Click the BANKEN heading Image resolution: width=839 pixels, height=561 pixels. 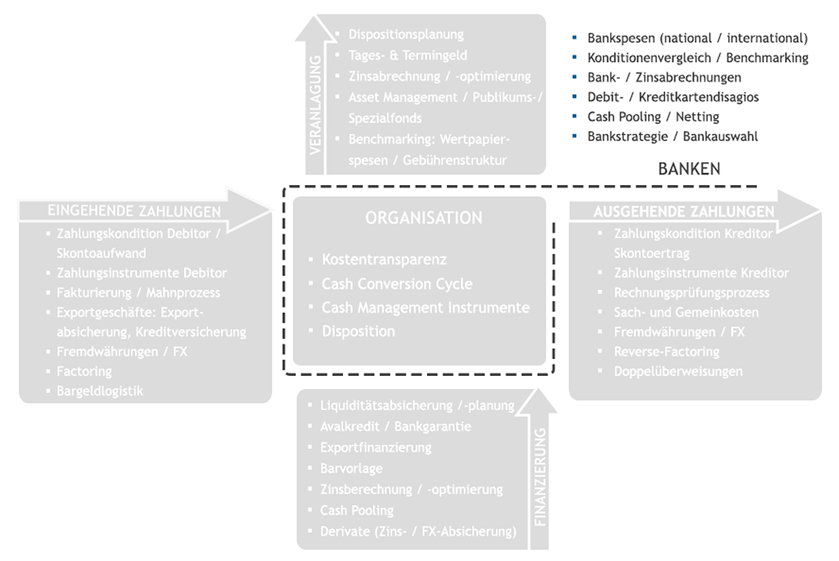(689, 169)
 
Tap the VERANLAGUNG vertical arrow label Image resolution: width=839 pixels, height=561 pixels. (315, 105)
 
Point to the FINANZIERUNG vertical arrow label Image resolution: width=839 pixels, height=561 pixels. (541, 477)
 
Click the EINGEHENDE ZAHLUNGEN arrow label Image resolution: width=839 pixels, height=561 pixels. (134, 211)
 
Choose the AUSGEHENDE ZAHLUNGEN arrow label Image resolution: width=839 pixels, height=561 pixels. (684, 211)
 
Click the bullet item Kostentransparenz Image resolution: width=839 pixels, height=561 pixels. (384, 259)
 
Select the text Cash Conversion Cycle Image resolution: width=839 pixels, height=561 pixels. (397, 283)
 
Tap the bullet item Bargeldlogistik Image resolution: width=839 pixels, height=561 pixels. (100, 391)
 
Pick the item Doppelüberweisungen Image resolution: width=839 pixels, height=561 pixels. (678, 371)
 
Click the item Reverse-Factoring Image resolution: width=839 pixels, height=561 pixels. (666, 352)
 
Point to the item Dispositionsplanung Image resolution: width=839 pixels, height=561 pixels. (406, 35)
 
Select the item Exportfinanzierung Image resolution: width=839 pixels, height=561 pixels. (376, 447)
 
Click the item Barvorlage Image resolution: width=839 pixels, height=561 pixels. (351, 468)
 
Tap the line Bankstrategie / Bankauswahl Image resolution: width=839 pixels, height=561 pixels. (673, 136)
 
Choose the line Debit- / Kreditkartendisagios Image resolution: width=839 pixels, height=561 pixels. (673, 97)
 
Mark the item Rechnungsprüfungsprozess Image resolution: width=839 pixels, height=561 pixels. (691, 293)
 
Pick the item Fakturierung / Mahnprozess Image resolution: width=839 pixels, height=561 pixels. (138, 293)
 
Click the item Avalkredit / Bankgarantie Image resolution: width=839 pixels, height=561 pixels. (396, 426)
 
